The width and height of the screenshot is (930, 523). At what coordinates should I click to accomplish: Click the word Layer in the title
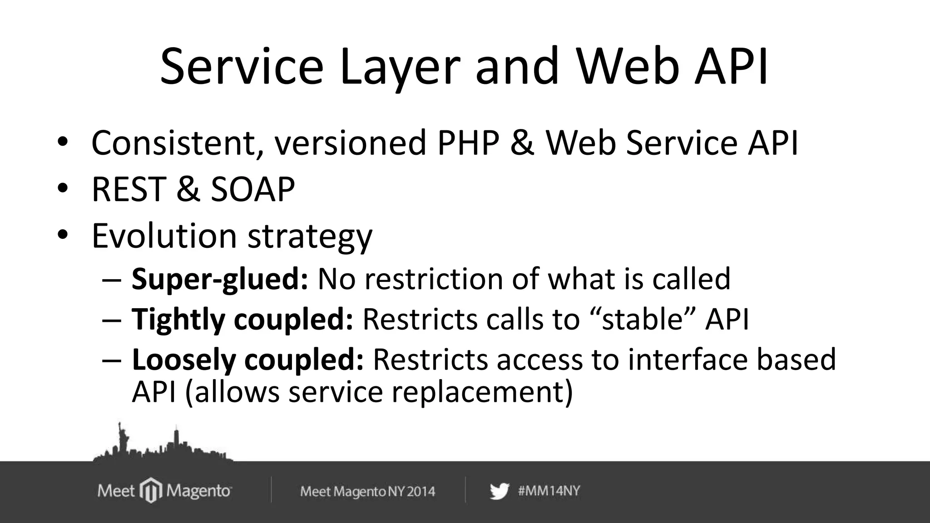[x=400, y=68]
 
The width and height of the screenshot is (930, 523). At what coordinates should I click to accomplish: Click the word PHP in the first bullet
[x=468, y=143]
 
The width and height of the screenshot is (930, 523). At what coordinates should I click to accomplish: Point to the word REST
[x=129, y=189]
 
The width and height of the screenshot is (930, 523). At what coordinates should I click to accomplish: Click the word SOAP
[x=253, y=189]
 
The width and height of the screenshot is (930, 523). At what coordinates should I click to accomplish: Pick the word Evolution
[x=164, y=236]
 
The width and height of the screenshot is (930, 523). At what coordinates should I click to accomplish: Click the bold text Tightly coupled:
[x=242, y=319]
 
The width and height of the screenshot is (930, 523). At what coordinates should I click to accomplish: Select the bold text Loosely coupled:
[x=247, y=360]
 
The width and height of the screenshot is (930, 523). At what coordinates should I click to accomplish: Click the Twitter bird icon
[x=499, y=491]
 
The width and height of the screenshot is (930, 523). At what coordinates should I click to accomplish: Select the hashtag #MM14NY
[x=549, y=491]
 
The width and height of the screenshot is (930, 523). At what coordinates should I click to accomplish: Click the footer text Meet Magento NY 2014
[x=367, y=491]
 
